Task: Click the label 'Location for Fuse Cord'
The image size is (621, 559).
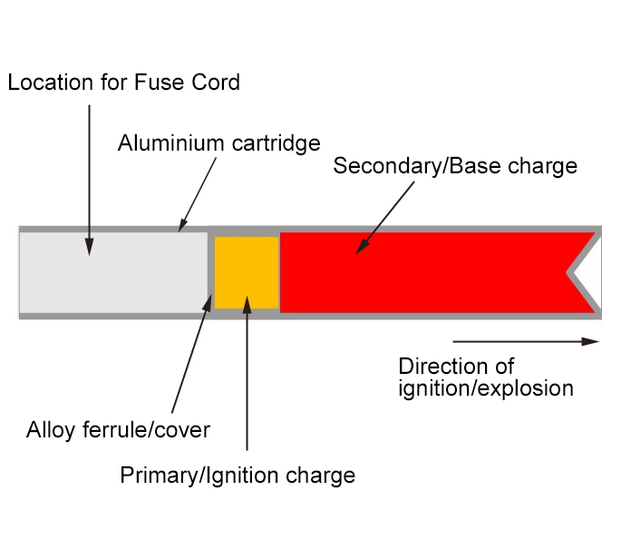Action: [x=123, y=83]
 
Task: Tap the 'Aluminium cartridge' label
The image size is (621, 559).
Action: [x=218, y=143]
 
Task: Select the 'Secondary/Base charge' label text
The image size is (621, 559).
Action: [x=455, y=166]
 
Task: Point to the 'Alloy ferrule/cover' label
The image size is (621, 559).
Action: [x=118, y=429]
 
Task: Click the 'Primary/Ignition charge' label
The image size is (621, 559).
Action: [x=238, y=476]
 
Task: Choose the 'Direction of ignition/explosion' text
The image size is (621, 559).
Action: [x=485, y=378]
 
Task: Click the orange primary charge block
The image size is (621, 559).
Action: [x=247, y=272]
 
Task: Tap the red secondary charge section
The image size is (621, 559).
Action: [x=426, y=272]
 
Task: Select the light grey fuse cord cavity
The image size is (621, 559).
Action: [x=113, y=272]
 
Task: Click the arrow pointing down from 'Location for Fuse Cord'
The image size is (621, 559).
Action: [x=90, y=177]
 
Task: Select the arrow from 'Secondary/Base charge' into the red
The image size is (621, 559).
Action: [x=385, y=216]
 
